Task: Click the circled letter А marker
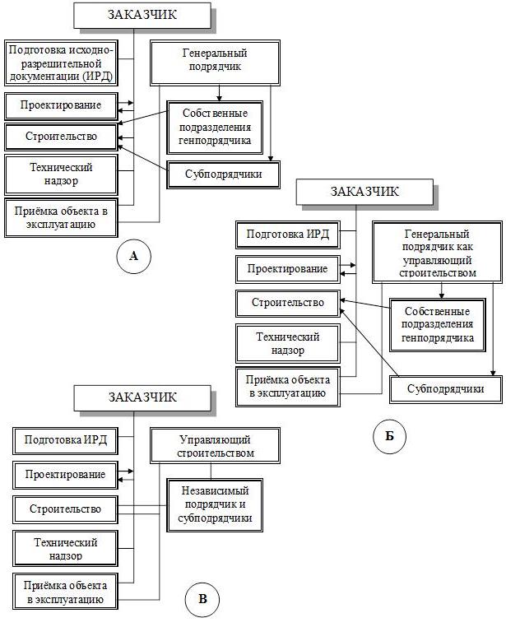[x=133, y=257]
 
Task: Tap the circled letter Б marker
[x=389, y=436]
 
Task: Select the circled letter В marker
[x=202, y=599]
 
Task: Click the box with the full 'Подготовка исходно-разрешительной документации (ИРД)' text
[x=61, y=63]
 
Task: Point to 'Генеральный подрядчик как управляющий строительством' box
[x=437, y=253]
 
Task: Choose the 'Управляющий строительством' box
[x=215, y=445]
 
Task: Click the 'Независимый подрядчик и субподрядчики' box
[x=215, y=504]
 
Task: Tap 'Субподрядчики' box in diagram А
[x=224, y=174]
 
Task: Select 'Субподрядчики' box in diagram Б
[x=446, y=389]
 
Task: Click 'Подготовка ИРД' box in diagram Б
[x=288, y=235]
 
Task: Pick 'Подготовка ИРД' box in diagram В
[x=66, y=441]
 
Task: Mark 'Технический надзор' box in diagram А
[x=61, y=174]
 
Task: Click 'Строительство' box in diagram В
[x=66, y=509]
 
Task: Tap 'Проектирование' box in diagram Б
[x=288, y=269]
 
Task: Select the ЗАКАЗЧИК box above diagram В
[x=142, y=398]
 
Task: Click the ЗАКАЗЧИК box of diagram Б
[x=364, y=192]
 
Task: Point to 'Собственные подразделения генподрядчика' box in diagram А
[x=215, y=128]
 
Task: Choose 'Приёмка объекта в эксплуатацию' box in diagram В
[x=66, y=592]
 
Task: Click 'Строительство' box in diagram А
[x=61, y=137]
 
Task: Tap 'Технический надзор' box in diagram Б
[x=288, y=344]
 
